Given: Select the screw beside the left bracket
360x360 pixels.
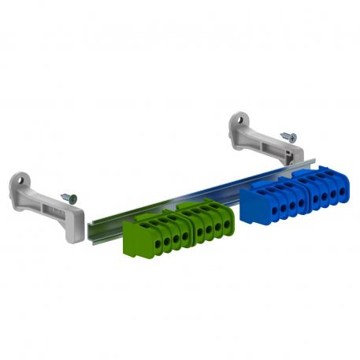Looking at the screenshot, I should [x=69, y=199].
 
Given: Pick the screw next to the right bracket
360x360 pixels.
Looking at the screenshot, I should [x=291, y=137].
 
